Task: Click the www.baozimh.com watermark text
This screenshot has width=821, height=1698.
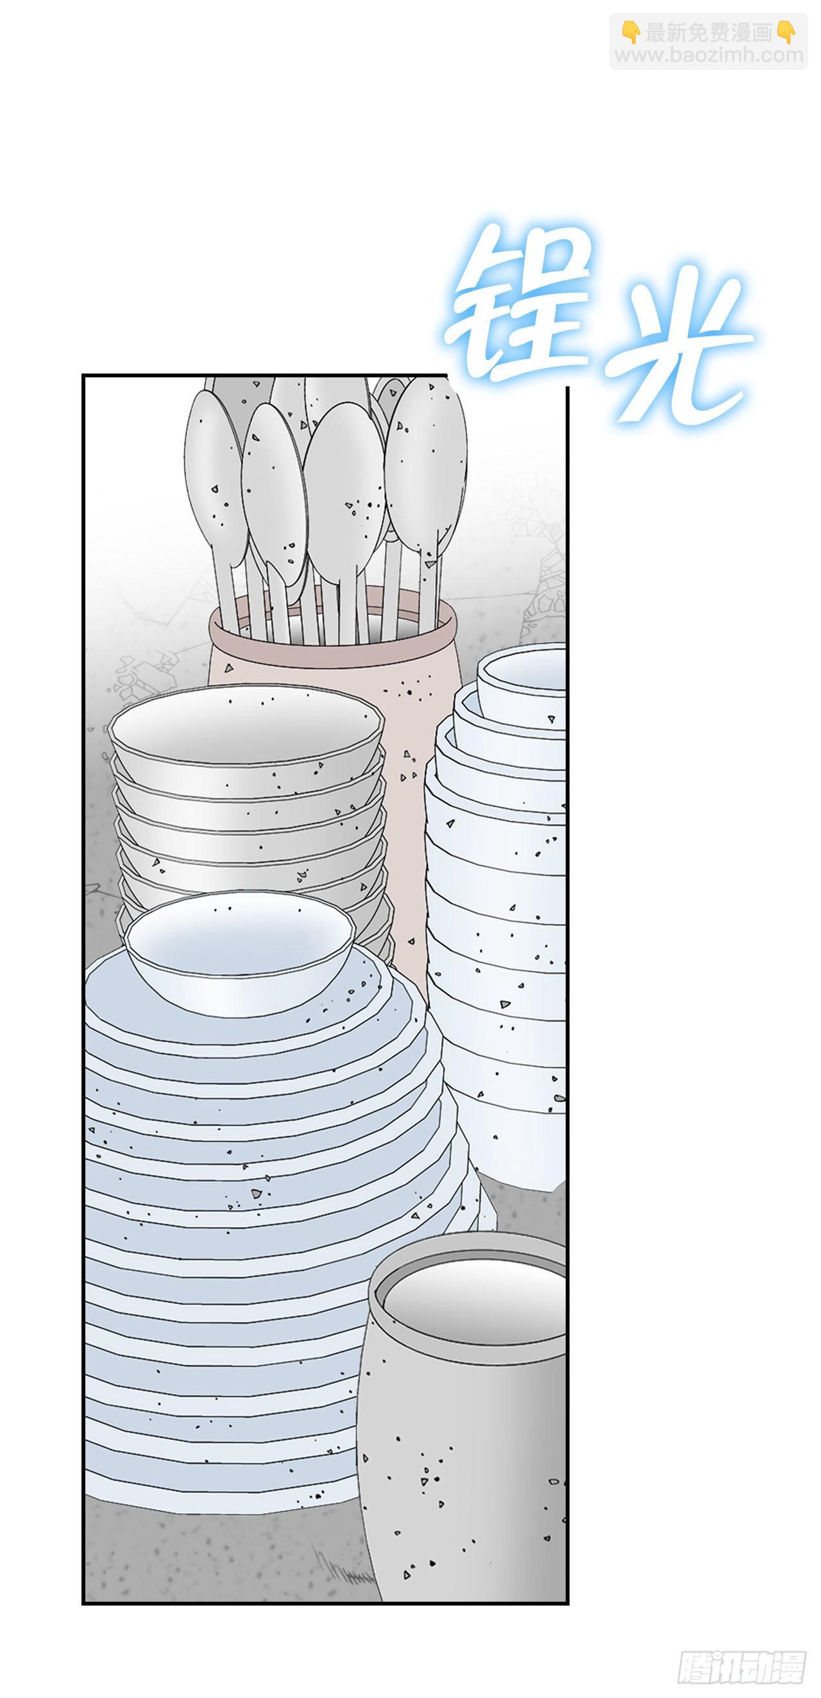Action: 709,55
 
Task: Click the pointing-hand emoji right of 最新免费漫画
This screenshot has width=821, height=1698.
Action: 786,32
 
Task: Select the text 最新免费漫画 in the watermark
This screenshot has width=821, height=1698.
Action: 708,32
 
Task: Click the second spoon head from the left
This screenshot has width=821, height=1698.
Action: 274,488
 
